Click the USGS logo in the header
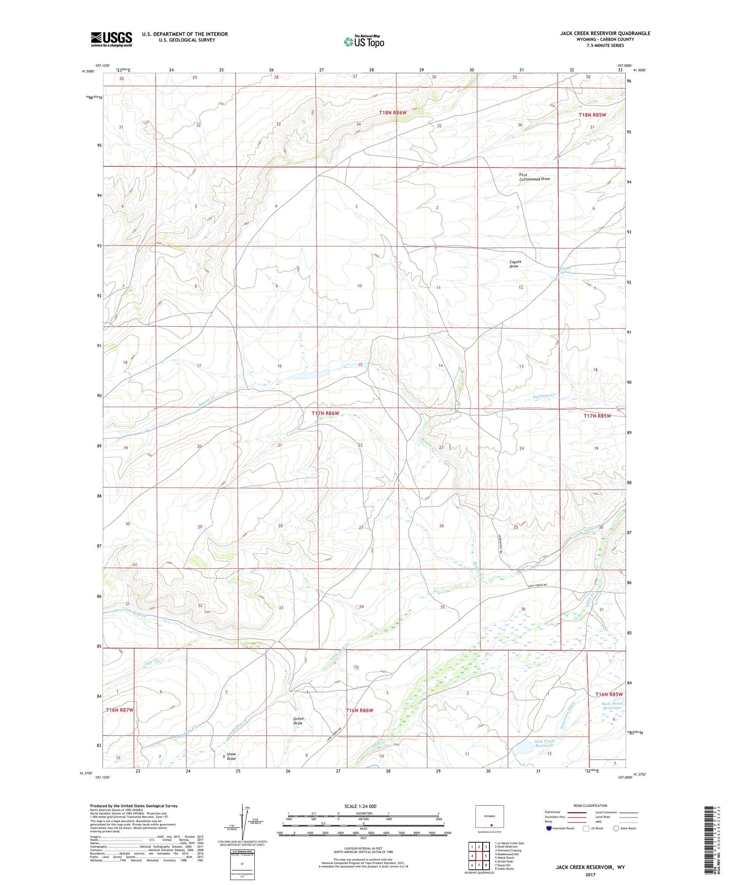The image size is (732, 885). pyautogui.click(x=111, y=39)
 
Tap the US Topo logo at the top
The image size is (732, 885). pyautogui.click(x=364, y=42)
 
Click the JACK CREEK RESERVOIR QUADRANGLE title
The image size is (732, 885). pyautogui.click(x=605, y=33)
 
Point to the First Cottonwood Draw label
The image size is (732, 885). pyautogui.click(x=534, y=177)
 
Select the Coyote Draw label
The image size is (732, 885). pyautogui.click(x=515, y=264)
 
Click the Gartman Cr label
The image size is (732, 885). pyautogui.click(x=544, y=395)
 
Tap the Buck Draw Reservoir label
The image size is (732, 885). pyautogui.click(x=612, y=706)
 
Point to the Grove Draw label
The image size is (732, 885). pyautogui.click(x=299, y=720)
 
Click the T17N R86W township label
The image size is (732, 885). pyautogui.click(x=325, y=413)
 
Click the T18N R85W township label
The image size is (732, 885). pyautogui.click(x=592, y=115)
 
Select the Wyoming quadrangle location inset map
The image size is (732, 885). pyautogui.click(x=489, y=817)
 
